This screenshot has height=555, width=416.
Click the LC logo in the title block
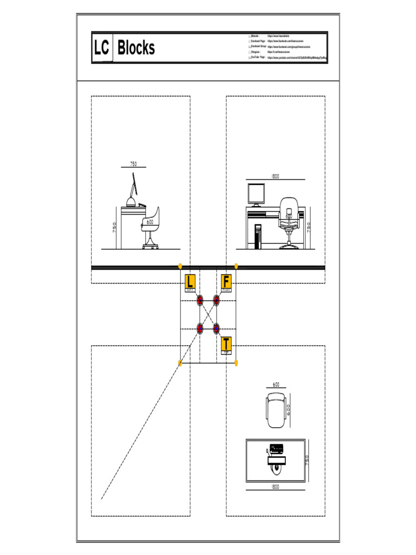101,48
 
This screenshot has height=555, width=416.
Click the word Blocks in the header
136,48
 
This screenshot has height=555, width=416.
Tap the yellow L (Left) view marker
190,282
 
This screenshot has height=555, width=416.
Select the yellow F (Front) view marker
226,282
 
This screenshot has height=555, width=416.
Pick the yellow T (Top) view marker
226,344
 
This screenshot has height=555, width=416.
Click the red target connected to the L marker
200,300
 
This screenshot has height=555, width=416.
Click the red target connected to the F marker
216,300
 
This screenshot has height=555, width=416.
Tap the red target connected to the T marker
216,328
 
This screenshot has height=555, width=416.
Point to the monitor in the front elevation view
256,193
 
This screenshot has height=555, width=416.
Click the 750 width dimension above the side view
133,164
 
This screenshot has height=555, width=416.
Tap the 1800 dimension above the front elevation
275,176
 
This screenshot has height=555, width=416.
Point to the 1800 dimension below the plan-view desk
275,487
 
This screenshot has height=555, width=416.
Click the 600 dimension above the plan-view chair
276,384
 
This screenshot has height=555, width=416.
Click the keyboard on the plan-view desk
276,448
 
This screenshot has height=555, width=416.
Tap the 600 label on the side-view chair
149,222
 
